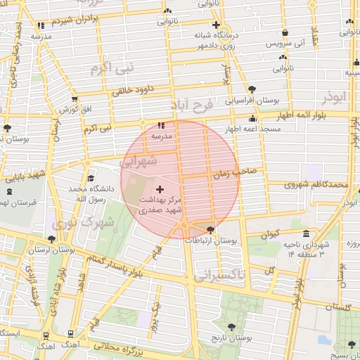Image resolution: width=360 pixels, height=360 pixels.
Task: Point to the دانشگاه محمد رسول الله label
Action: [x=88, y=195]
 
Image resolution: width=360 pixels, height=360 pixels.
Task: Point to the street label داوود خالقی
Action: [x=133, y=89]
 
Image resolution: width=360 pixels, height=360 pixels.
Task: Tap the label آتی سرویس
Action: [x=284, y=44]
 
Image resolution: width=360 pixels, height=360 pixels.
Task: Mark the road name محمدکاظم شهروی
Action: [x=316, y=185]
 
